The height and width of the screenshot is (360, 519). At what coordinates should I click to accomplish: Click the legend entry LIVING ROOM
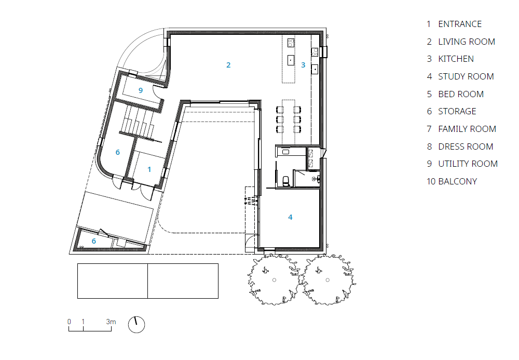[x=467, y=42]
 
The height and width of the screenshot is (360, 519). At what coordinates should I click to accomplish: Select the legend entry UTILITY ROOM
[x=468, y=164]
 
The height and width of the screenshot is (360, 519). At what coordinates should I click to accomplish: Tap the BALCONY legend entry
[x=457, y=181]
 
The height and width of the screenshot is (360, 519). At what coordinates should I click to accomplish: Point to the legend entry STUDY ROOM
[x=466, y=76]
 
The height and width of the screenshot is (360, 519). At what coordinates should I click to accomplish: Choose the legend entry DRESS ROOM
[x=466, y=146]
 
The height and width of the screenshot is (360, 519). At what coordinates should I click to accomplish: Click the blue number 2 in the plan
[x=228, y=65]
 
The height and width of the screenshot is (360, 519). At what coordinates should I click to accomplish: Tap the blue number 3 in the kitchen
[x=303, y=65]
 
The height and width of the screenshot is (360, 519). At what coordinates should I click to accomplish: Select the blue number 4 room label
[x=290, y=217]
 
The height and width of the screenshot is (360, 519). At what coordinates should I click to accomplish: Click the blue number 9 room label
[x=141, y=90]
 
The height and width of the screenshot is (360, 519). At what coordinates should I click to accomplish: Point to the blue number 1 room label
[x=149, y=169]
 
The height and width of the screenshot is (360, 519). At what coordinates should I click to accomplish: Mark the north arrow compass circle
[x=136, y=325]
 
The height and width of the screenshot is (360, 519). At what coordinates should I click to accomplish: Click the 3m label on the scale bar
[x=111, y=322]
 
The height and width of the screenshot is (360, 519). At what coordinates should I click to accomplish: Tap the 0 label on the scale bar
[x=69, y=322]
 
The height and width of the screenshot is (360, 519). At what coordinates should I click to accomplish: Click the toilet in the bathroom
[x=286, y=181]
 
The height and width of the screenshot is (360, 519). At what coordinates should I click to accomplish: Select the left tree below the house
[x=274, y=280]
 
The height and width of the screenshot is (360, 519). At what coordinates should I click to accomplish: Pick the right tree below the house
[x=327, y=280]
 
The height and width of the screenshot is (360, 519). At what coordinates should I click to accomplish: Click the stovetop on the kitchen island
[x=291, y=43]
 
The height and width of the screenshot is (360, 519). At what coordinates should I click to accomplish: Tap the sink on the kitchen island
[x=291, y=60]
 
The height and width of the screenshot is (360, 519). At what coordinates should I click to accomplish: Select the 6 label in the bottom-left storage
[x=93, y=241]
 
